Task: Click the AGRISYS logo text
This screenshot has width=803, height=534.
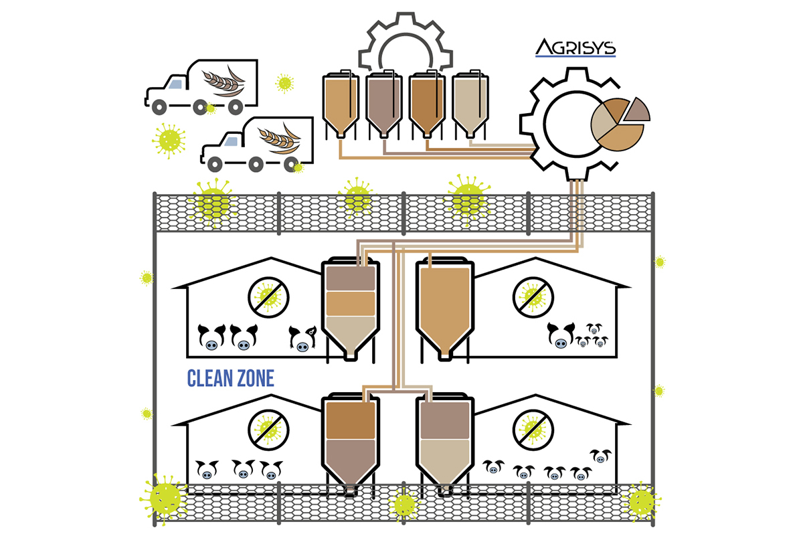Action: [575, 48]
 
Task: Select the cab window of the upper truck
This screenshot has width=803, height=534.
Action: [176, 83]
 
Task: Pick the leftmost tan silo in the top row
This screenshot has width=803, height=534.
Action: [340, 100]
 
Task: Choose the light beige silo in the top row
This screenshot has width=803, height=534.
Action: [469, 100]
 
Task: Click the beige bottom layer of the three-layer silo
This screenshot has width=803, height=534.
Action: [348, 331]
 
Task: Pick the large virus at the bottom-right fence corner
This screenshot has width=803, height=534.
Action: [640, 501]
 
